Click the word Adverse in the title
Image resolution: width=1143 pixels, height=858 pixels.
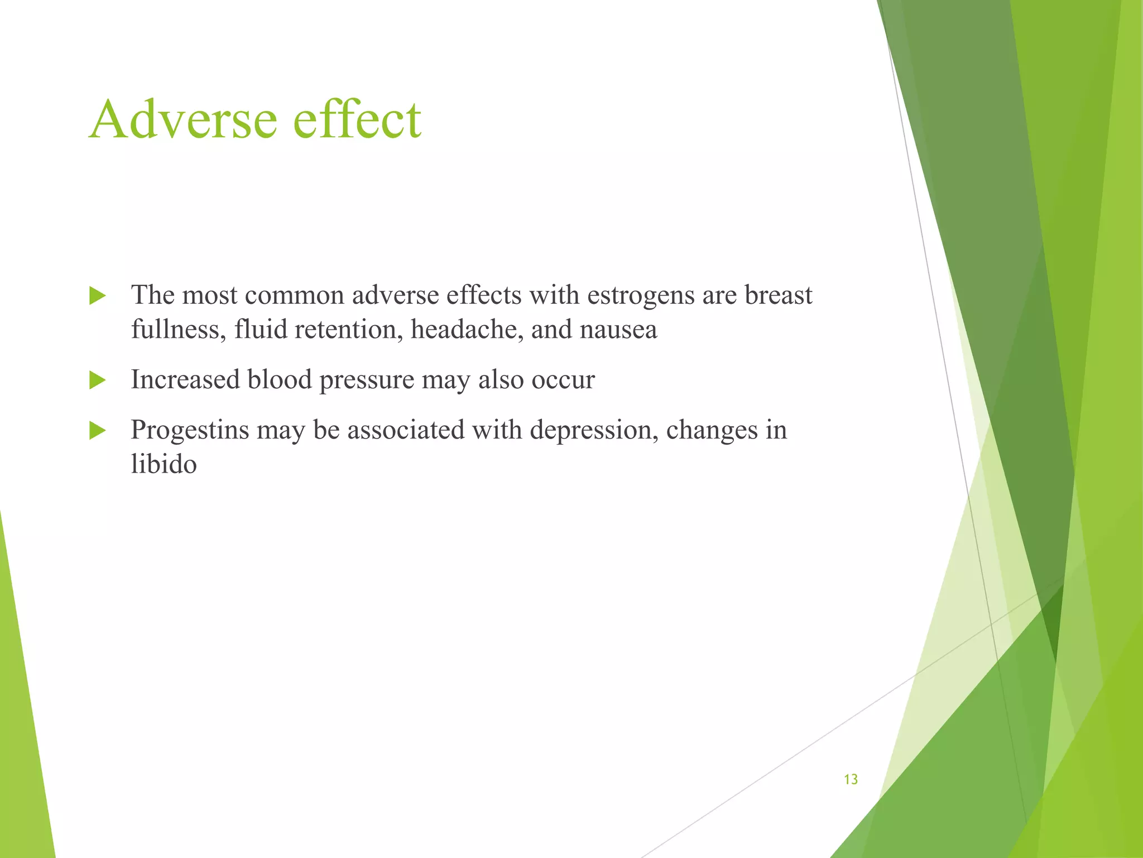(183, 120)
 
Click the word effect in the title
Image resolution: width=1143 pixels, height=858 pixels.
(357, 120)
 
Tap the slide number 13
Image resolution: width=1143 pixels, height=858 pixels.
(851, 779)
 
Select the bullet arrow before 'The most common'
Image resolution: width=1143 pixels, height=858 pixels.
(97, 296)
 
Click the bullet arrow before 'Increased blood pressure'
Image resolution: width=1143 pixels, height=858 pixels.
(97, 380)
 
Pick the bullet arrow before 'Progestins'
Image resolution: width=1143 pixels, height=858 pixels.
(97, 431)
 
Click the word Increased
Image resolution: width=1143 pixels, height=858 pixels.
(185, 380)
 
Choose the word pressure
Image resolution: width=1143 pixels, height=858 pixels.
(367, 381)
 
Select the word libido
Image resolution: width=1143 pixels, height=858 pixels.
(164, 464)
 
